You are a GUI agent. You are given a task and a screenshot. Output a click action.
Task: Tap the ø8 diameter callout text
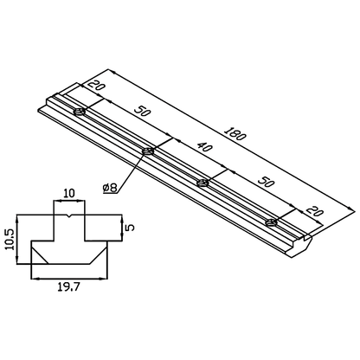[x=111, y=186]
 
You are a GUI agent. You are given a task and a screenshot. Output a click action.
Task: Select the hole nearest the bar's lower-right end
[x=271, y=222]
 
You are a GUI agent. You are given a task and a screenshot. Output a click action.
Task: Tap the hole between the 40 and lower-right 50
[x=203, y=182]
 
